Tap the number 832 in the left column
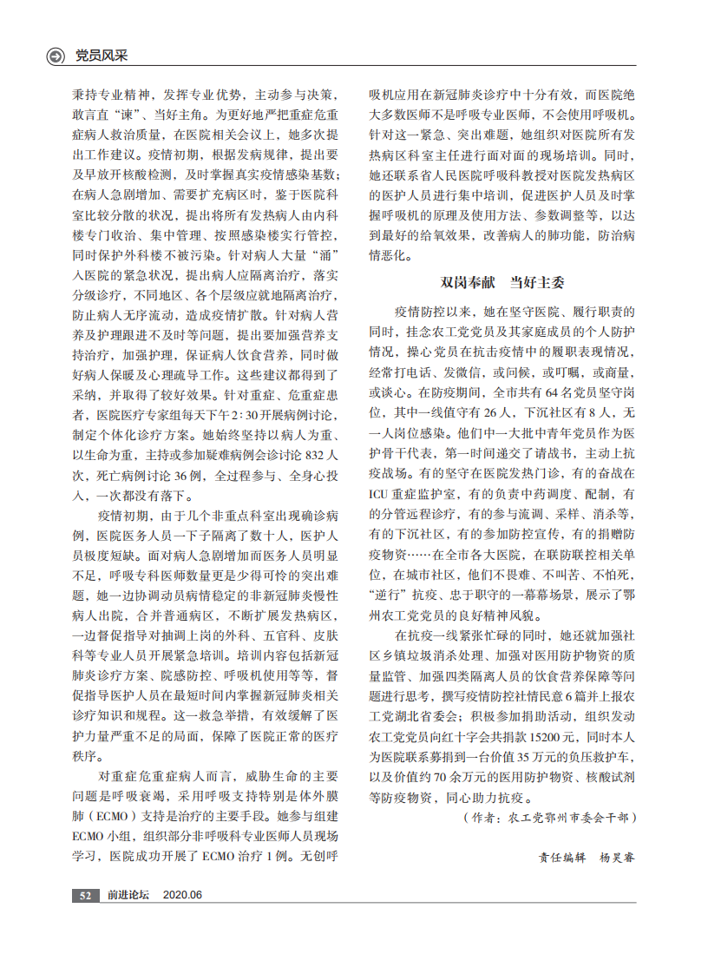[318, 454]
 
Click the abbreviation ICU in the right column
[381, 494]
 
